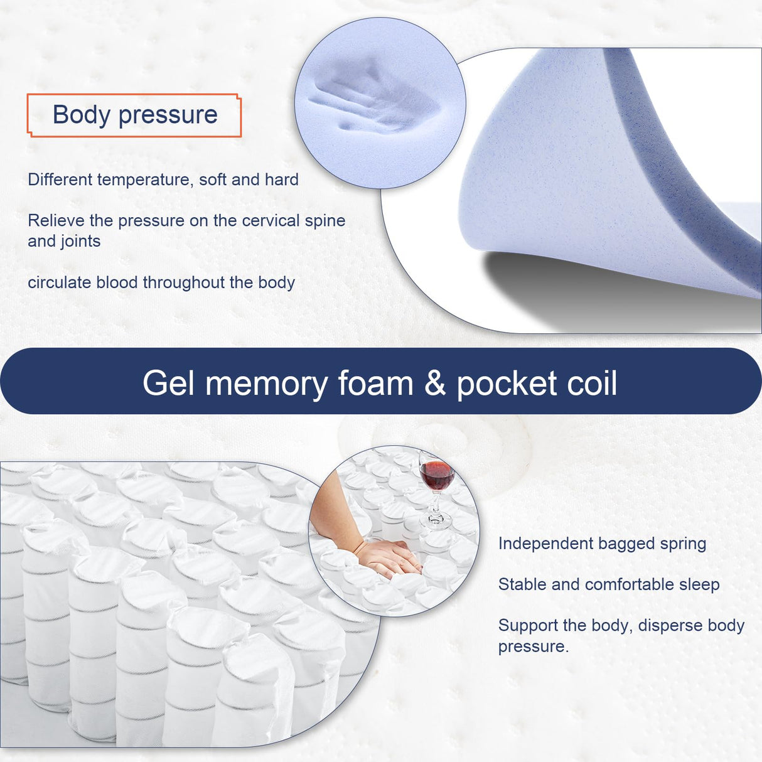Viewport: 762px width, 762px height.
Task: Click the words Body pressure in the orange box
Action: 135,115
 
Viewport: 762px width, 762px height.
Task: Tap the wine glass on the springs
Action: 436,486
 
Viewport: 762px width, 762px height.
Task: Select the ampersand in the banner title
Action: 434,384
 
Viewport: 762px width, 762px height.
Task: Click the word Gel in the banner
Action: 168,384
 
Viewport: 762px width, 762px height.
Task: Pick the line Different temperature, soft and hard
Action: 163,180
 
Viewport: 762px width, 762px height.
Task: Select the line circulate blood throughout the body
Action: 161,282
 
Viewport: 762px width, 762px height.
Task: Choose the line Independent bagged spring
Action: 602,544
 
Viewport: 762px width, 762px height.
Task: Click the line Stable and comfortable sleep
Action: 609,584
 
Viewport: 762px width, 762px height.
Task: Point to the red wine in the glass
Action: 437,475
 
